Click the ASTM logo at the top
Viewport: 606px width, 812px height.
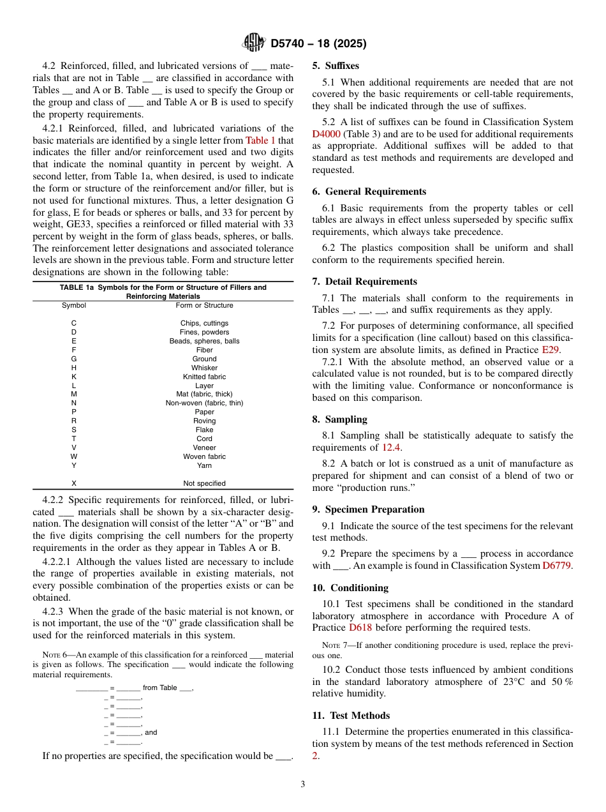[254, 43]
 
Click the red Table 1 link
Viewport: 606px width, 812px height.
[261, 140]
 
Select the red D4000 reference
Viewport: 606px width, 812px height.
[326, 134]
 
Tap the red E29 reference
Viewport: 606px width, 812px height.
[550, 350]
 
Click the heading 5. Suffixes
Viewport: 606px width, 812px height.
[336, 66]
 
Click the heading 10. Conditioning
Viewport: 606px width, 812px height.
[350, 588]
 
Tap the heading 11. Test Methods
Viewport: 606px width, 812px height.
[351, 716]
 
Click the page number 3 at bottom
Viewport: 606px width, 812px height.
[303, 785]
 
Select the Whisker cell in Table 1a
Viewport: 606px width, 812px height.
[204, 368]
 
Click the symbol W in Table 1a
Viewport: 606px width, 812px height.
[74, 456]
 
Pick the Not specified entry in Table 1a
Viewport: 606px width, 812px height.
[204, 483]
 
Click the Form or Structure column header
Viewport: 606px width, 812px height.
[204, 305]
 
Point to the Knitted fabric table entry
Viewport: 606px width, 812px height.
[204, 377]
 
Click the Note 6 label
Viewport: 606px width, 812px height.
[54, 655]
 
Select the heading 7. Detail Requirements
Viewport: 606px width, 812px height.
[364, 282]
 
